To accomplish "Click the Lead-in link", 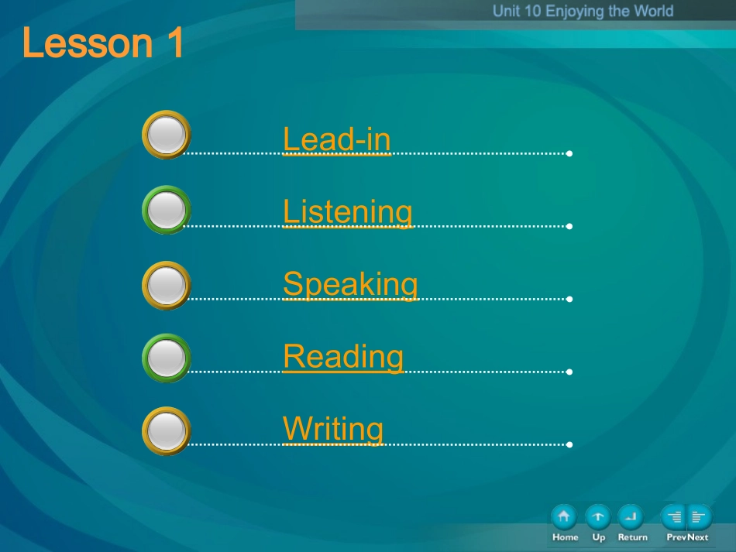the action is click(x=336, y=139).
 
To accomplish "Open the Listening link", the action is click(x=348, y=212).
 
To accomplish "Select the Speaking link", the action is click(x=350, y=285).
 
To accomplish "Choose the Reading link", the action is click(x=343, y=357).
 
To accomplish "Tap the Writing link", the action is click(x=333, y=430).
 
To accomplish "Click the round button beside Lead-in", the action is click(x=166, y=135).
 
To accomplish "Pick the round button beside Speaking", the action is click(x=166, y=286).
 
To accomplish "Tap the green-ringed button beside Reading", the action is click(x=166, y=358).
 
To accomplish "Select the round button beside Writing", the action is click(x=166, y=431).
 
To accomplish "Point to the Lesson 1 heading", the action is click(x=103, y=43).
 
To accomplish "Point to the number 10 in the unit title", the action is click(x=532, y=11).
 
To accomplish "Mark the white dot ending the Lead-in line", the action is click(x=569, y=153).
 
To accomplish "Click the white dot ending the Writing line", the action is click(x=569, y=444).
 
